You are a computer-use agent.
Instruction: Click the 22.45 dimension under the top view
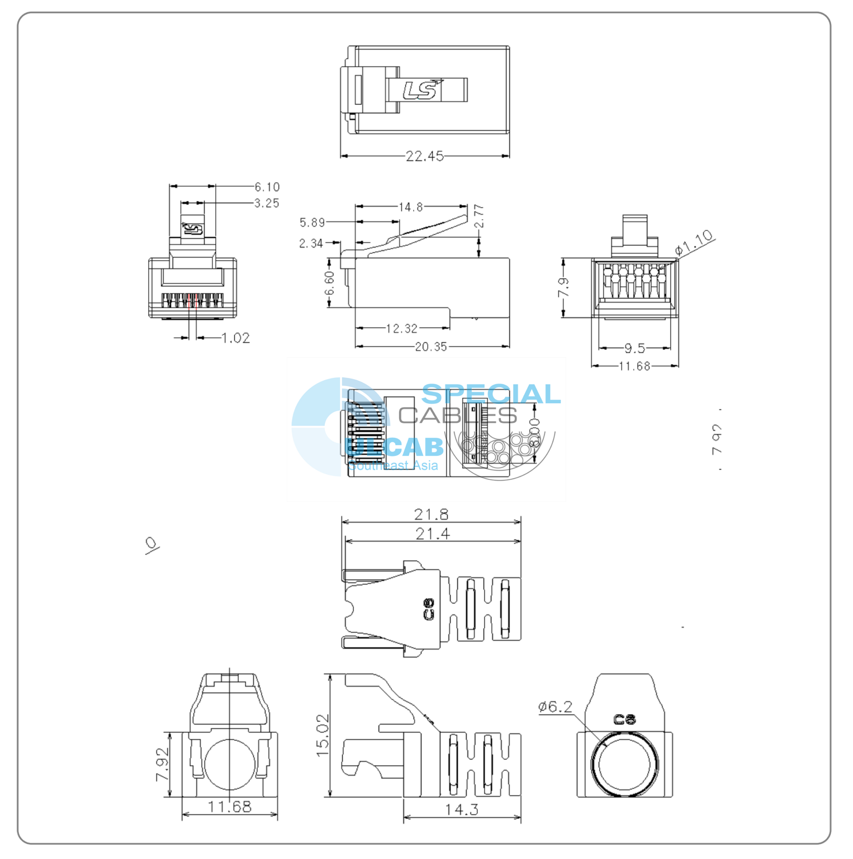[x=424, y=156]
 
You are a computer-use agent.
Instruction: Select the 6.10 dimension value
[x=267, y=187]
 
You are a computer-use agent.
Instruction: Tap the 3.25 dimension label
[x=267, y=203]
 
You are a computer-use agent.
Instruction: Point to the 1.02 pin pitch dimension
[x=235, y=338]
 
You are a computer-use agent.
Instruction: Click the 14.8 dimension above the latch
[x=410, y=207]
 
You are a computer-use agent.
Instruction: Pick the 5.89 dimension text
[x=312, y=223]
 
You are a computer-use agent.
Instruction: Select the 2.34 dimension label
[x=311, y=243]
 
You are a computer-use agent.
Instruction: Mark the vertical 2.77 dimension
[x=478, y=216]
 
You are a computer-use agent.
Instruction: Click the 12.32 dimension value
[x=401, y=328]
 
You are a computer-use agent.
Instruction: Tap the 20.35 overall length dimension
[x=430, y=347]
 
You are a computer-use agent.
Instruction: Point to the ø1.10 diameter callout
[x=694, y=242]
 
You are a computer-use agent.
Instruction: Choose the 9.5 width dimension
[x=634, y=348]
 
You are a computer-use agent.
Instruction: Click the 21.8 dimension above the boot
[x=431, y=514]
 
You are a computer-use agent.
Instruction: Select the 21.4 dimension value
[x=432, y=534]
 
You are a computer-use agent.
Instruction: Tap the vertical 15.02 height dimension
[x=323, y=735]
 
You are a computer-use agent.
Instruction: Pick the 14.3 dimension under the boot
[x=461, y=809]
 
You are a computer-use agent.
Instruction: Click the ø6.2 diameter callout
[x=555, y=707]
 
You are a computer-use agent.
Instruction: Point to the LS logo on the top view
[x=422, y=90]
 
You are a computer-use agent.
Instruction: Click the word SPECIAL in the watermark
[x=491, y=394]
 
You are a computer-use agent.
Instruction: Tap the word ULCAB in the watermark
[x=394, y=447]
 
